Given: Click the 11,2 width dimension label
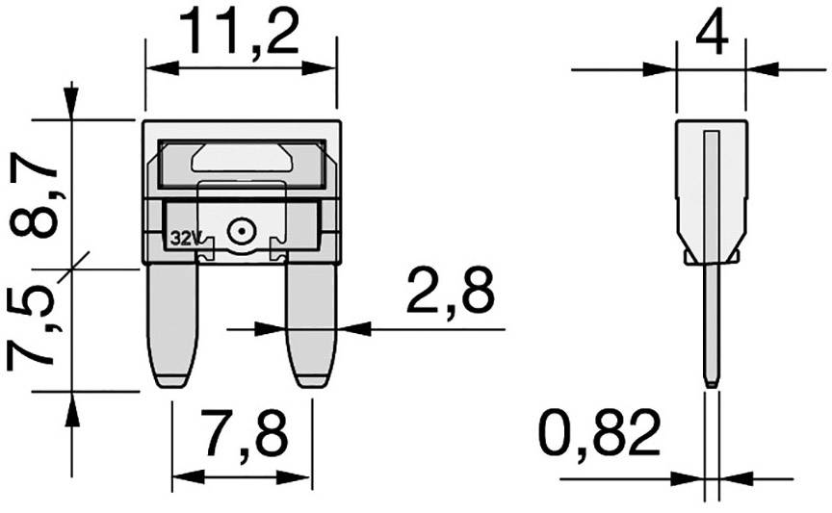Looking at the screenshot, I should (240, 34).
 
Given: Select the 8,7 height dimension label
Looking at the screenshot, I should (37, 197).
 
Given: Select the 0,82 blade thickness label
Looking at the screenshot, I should (599, 434).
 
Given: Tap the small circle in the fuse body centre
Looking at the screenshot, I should (239, 231).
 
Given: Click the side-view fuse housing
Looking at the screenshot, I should (711, 188).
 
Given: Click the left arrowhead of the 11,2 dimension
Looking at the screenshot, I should (156, 68).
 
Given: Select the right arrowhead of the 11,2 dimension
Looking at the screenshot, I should (325, 68).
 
